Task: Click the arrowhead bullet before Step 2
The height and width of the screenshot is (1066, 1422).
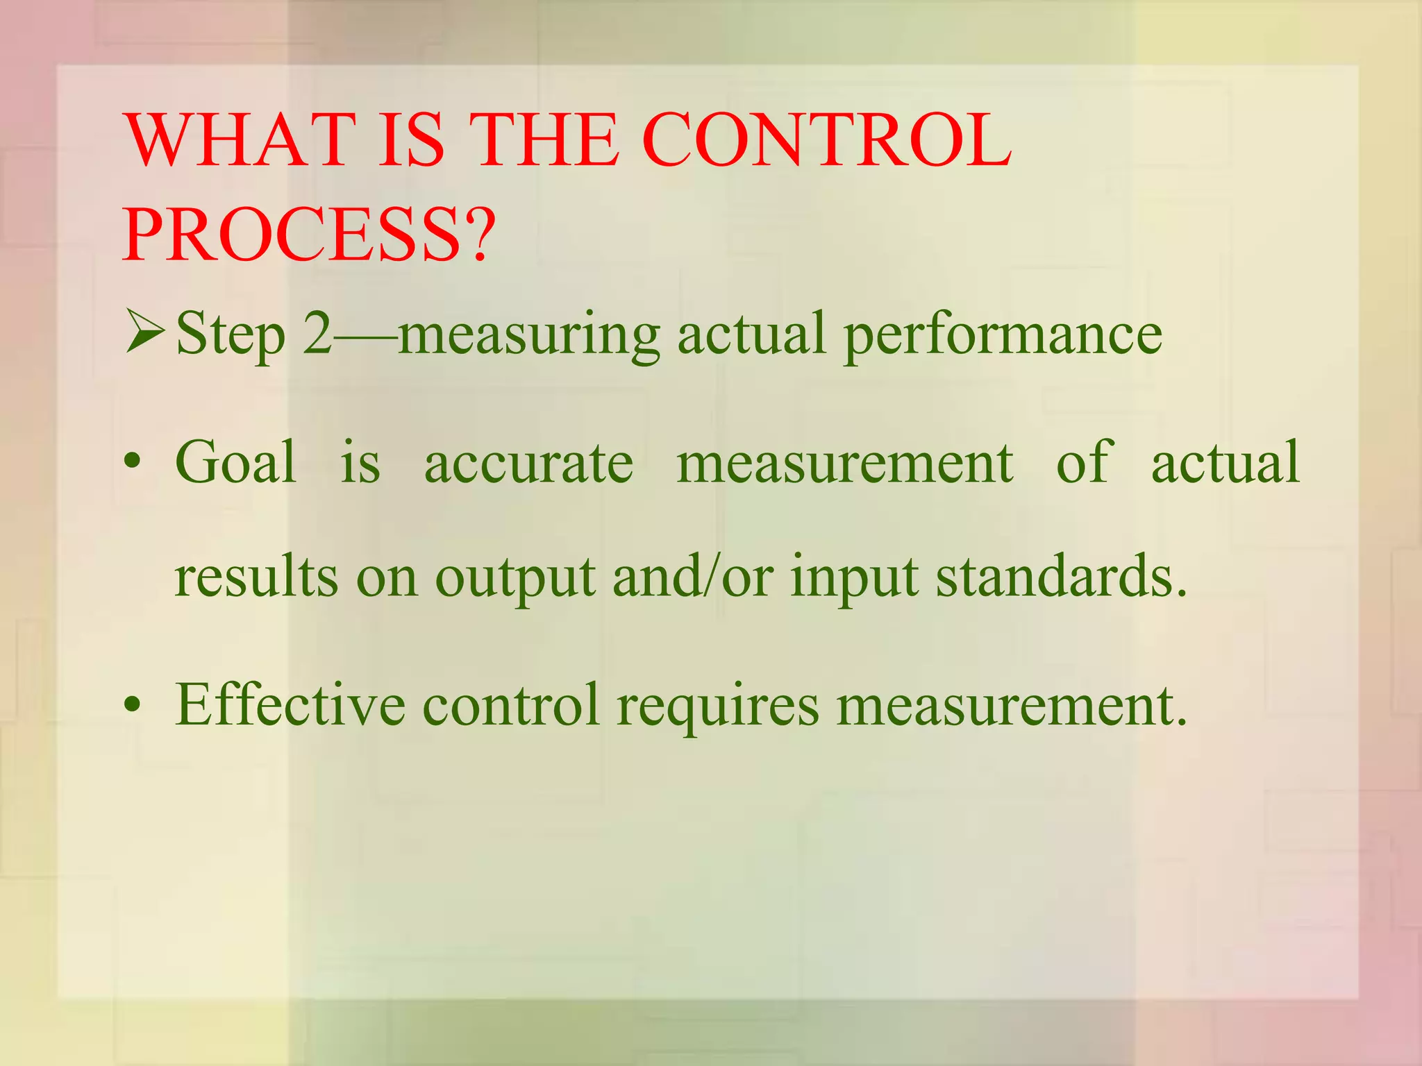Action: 144,332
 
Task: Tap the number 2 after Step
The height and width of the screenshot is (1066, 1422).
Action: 318,334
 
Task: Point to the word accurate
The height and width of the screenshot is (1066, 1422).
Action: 528,463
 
